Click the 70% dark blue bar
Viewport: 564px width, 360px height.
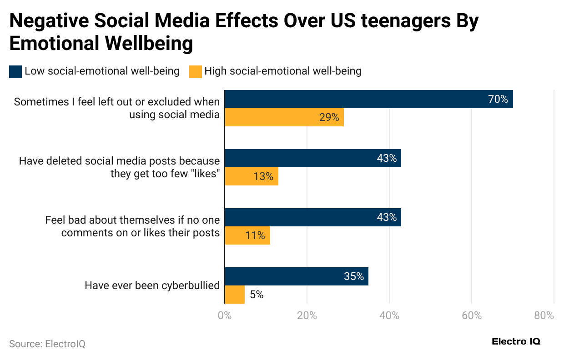(368, 99)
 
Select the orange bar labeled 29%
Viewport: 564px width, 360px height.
(284, 117)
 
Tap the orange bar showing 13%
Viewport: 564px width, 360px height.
(251, 176)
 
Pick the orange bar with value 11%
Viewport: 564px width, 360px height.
(247, 235)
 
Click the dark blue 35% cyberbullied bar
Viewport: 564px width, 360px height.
(296, 276)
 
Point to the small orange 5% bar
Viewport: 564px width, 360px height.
(235, 295)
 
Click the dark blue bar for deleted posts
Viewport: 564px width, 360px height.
(312, 158)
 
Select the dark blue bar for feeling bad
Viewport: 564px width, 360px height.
(312, 217)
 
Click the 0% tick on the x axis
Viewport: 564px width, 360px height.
(225, 316)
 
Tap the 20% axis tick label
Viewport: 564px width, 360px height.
(307, 316)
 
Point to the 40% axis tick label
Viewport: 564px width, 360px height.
(389, 316)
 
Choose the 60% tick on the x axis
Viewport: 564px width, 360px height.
(472, 316)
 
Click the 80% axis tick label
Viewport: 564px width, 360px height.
(544, 316)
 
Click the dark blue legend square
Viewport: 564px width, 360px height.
(15, 72)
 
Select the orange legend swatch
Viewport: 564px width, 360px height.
(195, 72)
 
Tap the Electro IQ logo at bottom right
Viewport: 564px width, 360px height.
(516, 342)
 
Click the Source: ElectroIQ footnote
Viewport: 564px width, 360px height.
(47, 344)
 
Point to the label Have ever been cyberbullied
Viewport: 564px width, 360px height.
(152, 285)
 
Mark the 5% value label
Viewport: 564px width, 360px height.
(257, 295)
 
